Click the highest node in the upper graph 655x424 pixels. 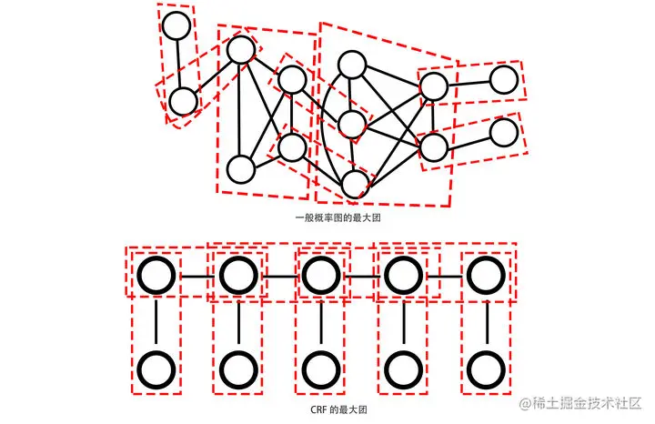coord(176,25)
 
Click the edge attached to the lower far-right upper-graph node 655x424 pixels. coord(469,139)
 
